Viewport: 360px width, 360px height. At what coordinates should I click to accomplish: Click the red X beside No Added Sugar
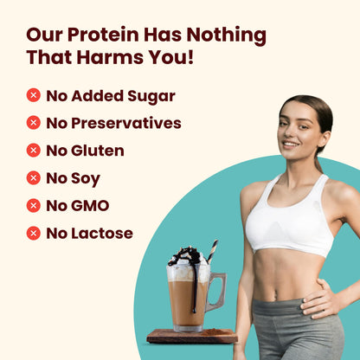click(34, 95)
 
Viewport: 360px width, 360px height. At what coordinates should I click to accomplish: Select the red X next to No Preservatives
click(34, 123)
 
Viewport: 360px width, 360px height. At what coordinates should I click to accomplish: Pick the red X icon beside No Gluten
click(34, 151)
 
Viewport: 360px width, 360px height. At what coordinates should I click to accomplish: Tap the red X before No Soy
click(34, 178)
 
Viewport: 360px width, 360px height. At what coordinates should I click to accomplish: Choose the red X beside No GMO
click(34, 206)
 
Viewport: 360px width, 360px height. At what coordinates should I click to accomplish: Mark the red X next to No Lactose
click(34, 234)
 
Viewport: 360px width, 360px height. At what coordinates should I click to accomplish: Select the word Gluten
click(98, 151)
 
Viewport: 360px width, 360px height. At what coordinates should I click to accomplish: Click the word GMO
click(90, 206)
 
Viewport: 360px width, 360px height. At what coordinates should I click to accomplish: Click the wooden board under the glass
click(191, 335)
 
